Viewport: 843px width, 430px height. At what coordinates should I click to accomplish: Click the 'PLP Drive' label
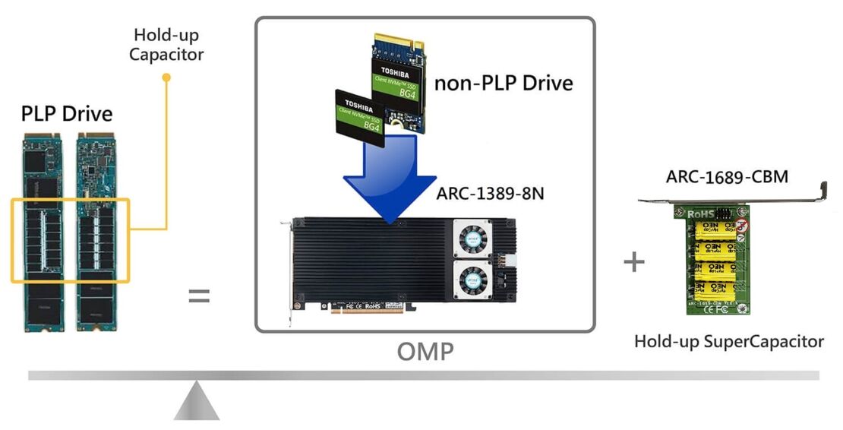[67, 114]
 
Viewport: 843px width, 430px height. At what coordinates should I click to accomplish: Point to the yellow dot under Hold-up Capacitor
[167, 77]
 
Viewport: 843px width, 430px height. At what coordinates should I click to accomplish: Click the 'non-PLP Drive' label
[503, 83]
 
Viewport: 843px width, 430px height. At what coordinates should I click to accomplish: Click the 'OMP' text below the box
[425, 351]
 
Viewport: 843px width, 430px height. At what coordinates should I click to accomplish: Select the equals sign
[199, 296]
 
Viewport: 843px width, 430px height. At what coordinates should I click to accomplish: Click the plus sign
[633, 263]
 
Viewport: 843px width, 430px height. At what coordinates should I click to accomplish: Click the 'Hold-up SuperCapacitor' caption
[729, 341]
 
